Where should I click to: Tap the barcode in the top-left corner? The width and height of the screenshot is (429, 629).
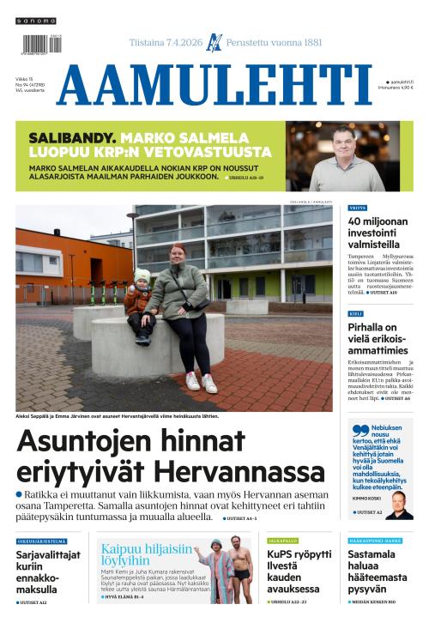coord(36,44)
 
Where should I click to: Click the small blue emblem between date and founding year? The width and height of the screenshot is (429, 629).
coord(214,42)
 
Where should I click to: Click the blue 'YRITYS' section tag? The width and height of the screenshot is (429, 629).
coord(358,208)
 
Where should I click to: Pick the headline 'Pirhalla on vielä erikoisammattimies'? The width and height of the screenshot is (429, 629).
coord(378,339)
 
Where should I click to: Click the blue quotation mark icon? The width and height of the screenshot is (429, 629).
coord(360,432)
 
